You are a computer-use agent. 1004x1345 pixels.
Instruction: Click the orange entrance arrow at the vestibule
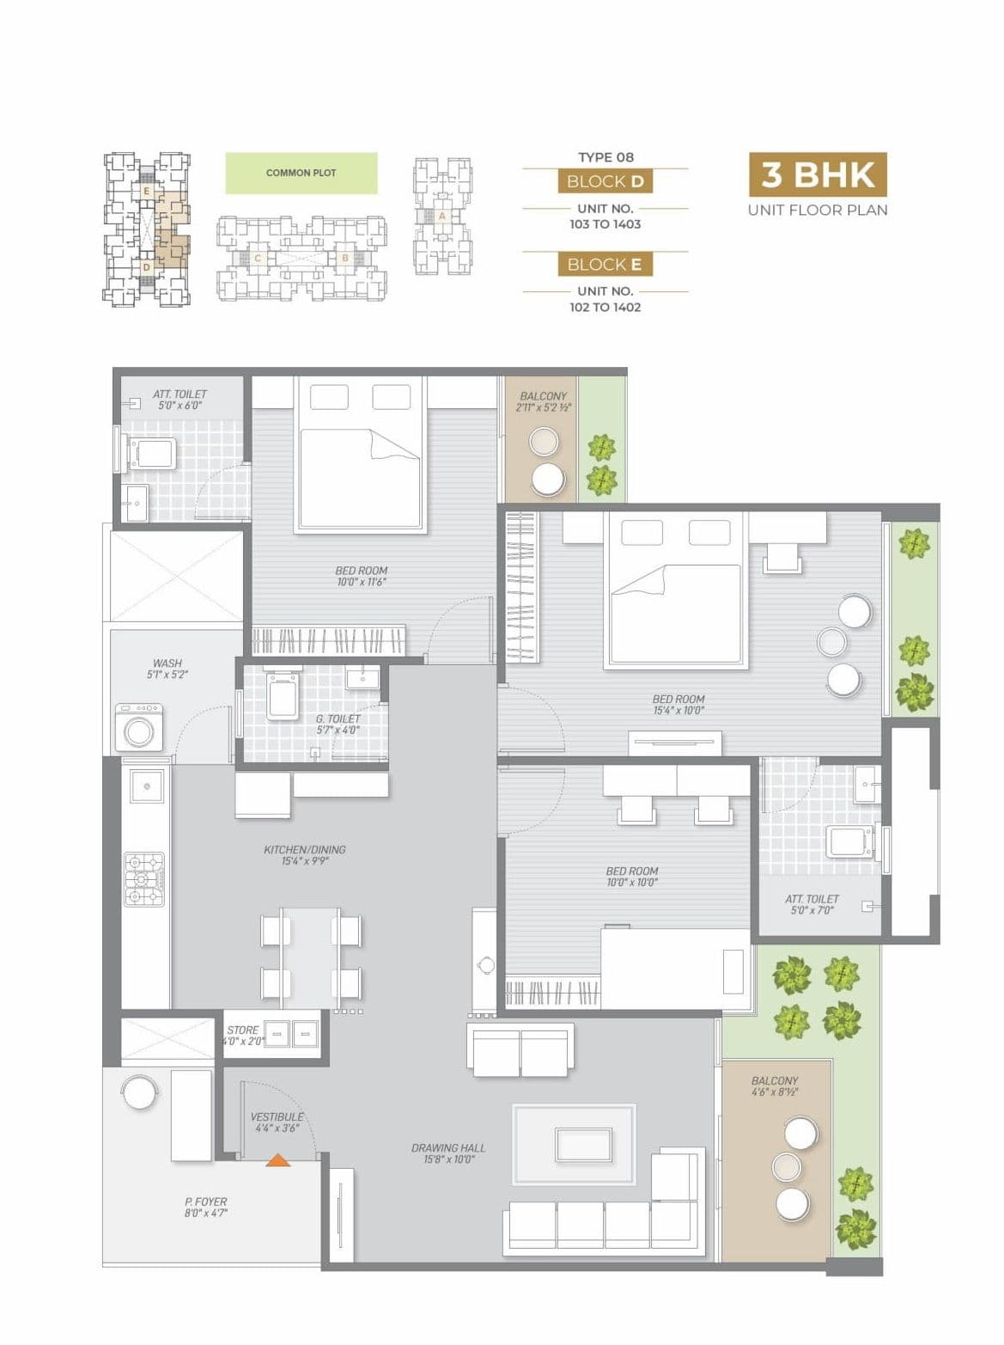277,1159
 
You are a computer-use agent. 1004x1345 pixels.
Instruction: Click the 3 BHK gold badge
817,174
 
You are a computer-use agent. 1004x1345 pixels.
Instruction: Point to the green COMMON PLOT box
301,173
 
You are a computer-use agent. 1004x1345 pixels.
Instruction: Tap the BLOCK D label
605,181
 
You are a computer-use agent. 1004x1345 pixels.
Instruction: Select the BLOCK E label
605,265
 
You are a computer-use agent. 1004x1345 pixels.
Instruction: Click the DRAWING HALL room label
447,1147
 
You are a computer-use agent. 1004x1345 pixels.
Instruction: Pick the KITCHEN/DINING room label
304,849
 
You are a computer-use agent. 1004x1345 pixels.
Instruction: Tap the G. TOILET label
338,718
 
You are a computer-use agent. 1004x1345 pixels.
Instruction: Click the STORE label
242,1030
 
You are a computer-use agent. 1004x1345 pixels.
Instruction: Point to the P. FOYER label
205,1201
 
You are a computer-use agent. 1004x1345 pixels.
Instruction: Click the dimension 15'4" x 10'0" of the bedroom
678,711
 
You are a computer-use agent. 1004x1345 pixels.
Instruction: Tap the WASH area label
167,663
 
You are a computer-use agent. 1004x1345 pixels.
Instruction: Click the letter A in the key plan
441,216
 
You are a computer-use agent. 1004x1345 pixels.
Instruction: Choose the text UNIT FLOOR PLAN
817,210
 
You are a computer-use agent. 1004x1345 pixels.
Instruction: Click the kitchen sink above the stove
146,786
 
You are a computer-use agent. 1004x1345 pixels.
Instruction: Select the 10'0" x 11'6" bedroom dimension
361,582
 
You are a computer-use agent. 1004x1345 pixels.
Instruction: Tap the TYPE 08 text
605,157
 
